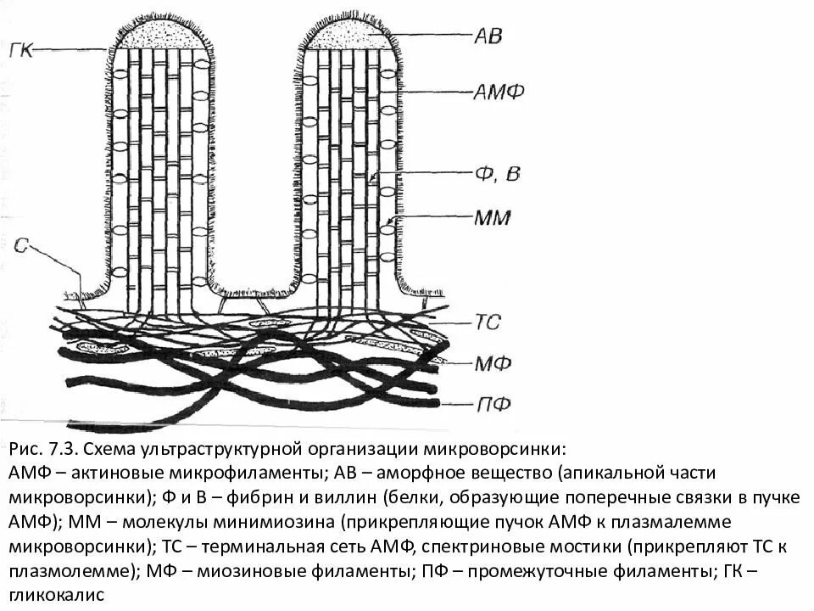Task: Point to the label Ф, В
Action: (x=497, y=175)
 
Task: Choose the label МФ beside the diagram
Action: (x=491, y=363)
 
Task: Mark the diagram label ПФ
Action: (x=490, y=403)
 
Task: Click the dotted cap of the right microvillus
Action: (x=347, y=35)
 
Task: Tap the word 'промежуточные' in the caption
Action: (x=506, y=570)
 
